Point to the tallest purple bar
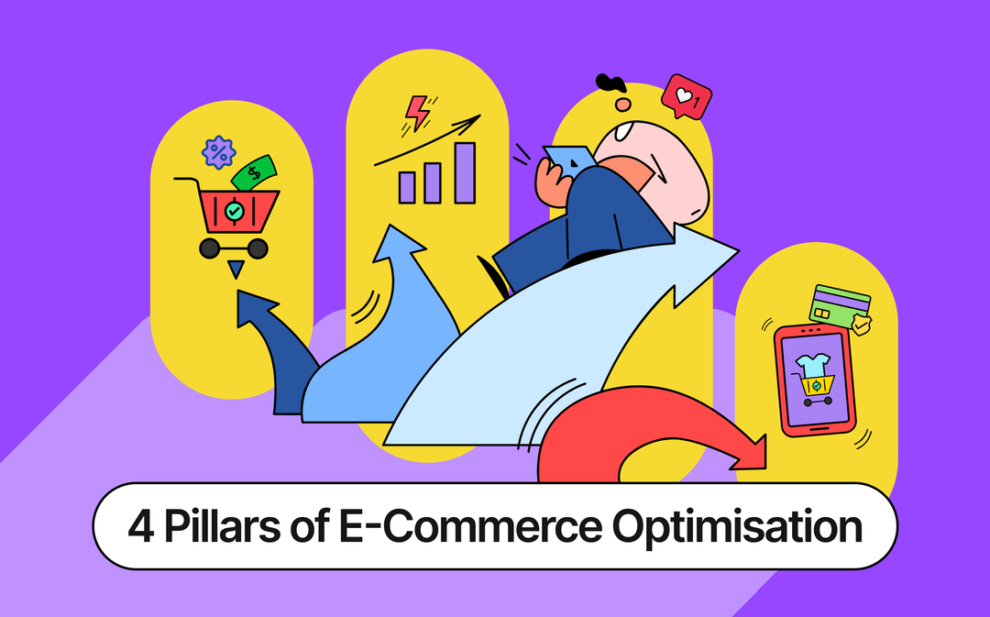(465, 172)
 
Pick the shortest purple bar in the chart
(407, 186)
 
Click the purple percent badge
(218, 151)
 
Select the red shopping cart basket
(235, 210)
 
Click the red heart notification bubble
(686, 95)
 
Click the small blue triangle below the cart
(236, 269)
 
